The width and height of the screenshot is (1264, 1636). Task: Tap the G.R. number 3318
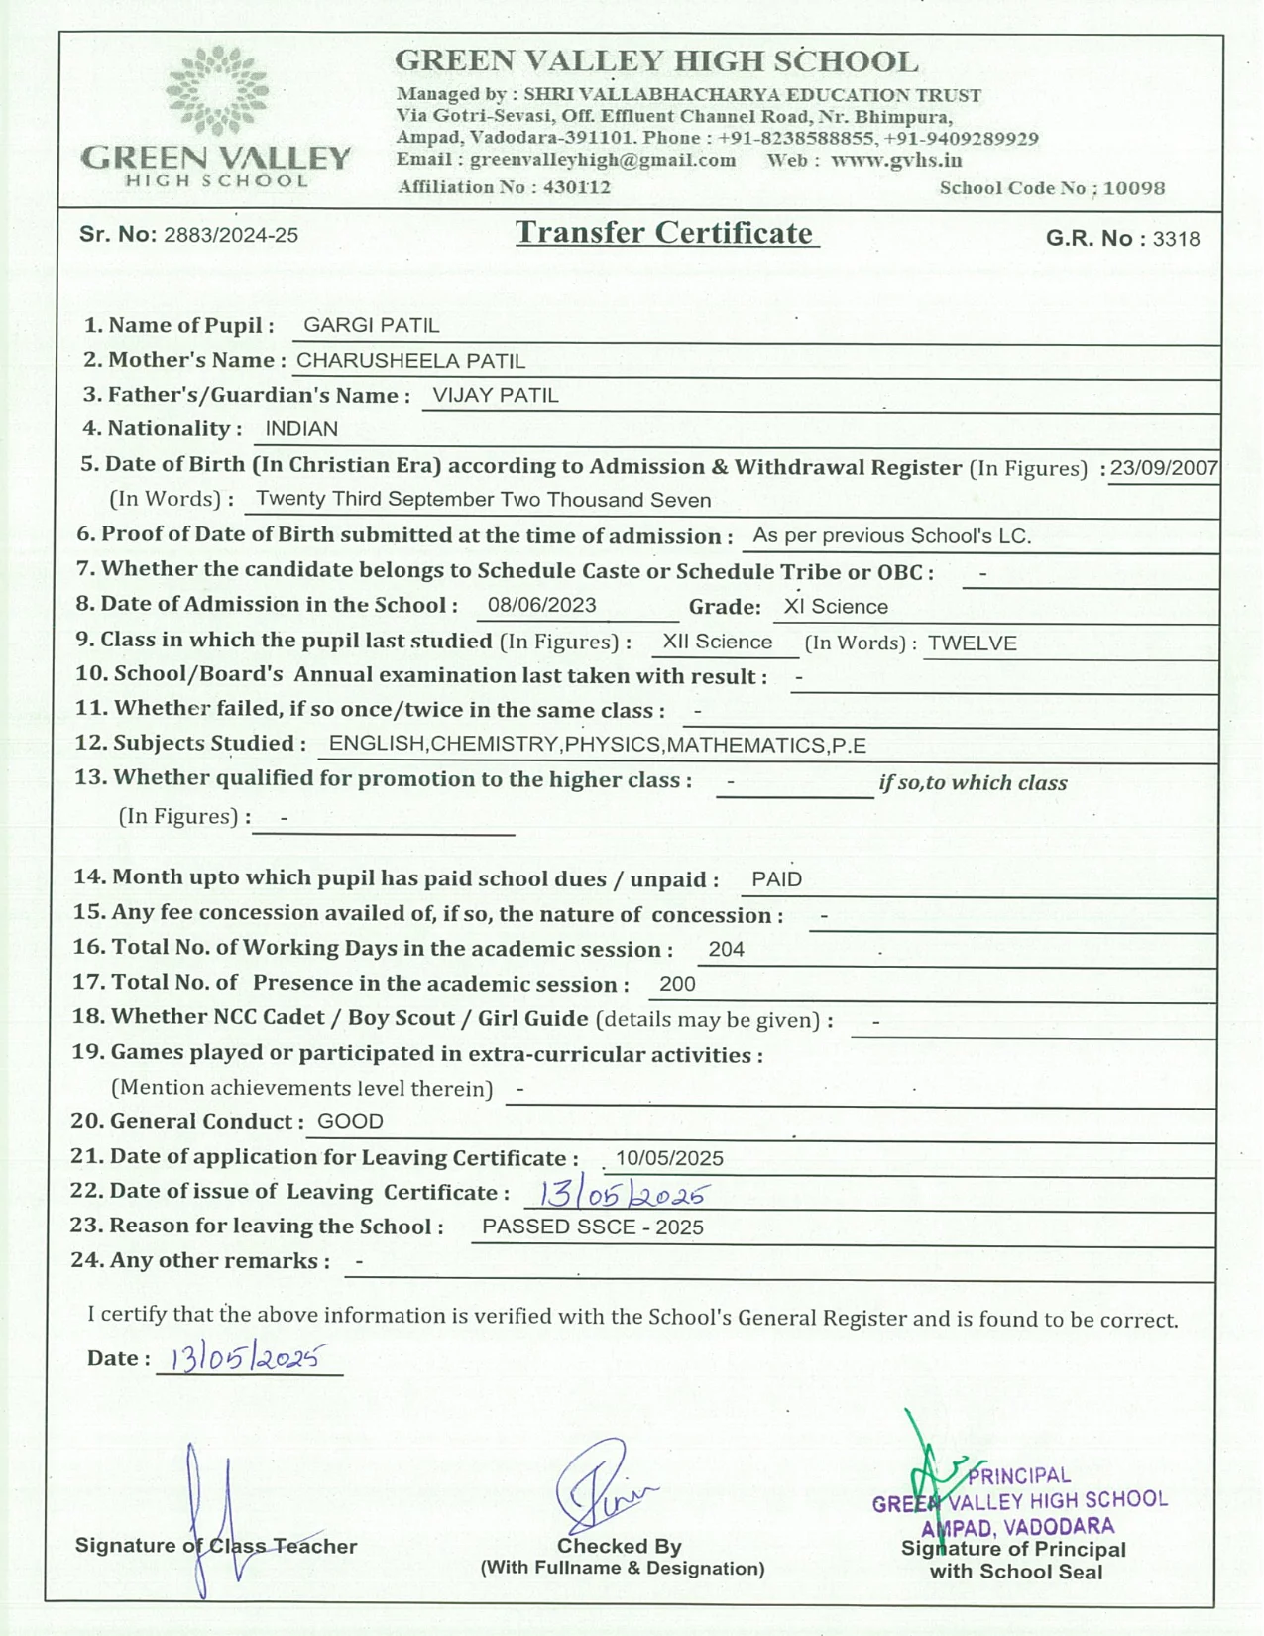[1176, 239]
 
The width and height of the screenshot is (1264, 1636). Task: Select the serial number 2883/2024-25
[231, 235]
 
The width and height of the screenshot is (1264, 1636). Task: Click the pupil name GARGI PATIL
[371, 325]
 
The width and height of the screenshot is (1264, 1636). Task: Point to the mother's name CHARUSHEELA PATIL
[410, 361]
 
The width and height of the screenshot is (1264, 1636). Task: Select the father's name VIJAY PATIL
[496, 395]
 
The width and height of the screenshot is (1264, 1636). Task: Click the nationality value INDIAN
[301, 429]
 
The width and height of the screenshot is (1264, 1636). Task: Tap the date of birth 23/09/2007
[1164, 468]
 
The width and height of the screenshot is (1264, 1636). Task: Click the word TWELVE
[972, 643]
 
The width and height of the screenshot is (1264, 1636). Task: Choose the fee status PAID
[776, 879]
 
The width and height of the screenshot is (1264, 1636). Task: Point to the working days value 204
[726, 949]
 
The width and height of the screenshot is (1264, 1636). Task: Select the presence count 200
[677, 984]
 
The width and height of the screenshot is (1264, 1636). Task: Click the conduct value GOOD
[350, 1121]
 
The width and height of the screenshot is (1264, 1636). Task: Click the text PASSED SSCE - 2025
[592, 1227]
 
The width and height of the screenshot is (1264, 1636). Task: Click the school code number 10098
[1133, 188]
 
